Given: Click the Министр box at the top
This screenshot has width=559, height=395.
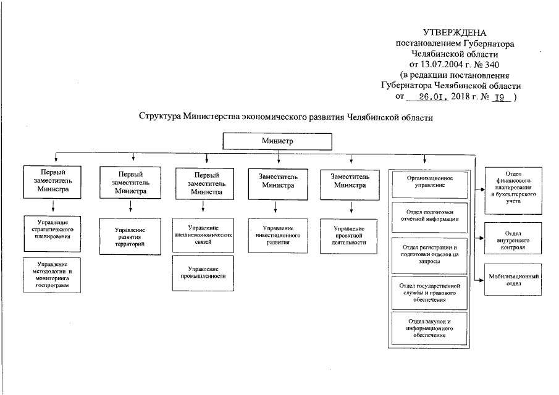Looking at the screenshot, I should point(277,141).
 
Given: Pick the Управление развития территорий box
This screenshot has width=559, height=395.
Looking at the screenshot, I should point(130,236).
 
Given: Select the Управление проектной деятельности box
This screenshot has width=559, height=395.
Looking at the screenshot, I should point(350,235).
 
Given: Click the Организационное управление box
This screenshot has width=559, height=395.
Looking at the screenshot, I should point(430,180).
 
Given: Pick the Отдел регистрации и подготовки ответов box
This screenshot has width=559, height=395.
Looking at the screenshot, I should point(430,254).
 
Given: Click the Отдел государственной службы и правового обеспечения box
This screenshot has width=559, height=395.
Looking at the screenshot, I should point(430,293).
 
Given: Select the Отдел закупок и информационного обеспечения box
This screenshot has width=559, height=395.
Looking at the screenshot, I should point(430,328).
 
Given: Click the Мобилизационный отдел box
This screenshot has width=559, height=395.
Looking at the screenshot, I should point(513,280).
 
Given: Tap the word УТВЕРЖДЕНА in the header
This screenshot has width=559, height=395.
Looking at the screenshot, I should point(455,32).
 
